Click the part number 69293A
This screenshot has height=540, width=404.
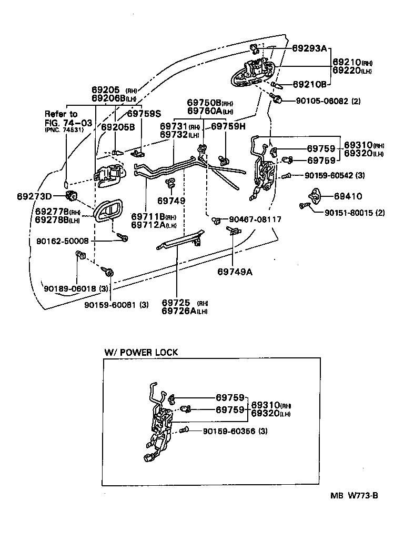(309, 48)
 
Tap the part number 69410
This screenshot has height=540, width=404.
(348, 196)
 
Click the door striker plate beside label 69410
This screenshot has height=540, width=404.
(317, 196)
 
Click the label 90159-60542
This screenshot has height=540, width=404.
(329, 175)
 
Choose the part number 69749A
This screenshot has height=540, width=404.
(235, 272)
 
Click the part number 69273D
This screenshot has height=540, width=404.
(34, 196)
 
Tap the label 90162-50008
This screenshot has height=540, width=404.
(70, 241)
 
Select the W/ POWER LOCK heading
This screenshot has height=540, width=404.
(142, 352)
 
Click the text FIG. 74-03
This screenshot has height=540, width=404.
(68, 123)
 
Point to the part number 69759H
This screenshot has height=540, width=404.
(229, 126)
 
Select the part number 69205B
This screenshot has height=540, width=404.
(118, 127)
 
